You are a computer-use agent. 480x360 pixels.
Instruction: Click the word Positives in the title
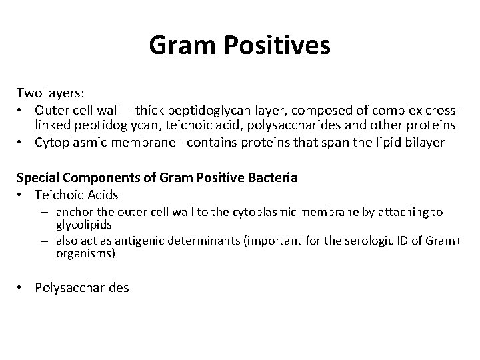point(275,46)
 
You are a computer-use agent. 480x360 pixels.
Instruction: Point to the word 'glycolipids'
point(83,225)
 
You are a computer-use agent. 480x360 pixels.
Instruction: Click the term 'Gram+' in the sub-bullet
point(430,241)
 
